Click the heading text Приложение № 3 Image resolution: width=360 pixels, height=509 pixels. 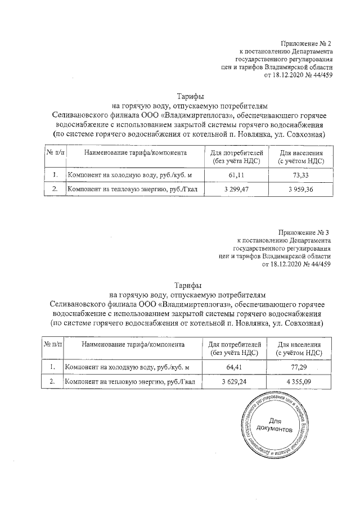(x=305, y=232)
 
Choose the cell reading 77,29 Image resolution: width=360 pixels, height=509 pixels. (x=299, y=367)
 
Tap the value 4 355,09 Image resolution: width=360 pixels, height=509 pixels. (x=299, y=382)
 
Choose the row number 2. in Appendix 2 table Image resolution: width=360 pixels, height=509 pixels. (x=55, y=190)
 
